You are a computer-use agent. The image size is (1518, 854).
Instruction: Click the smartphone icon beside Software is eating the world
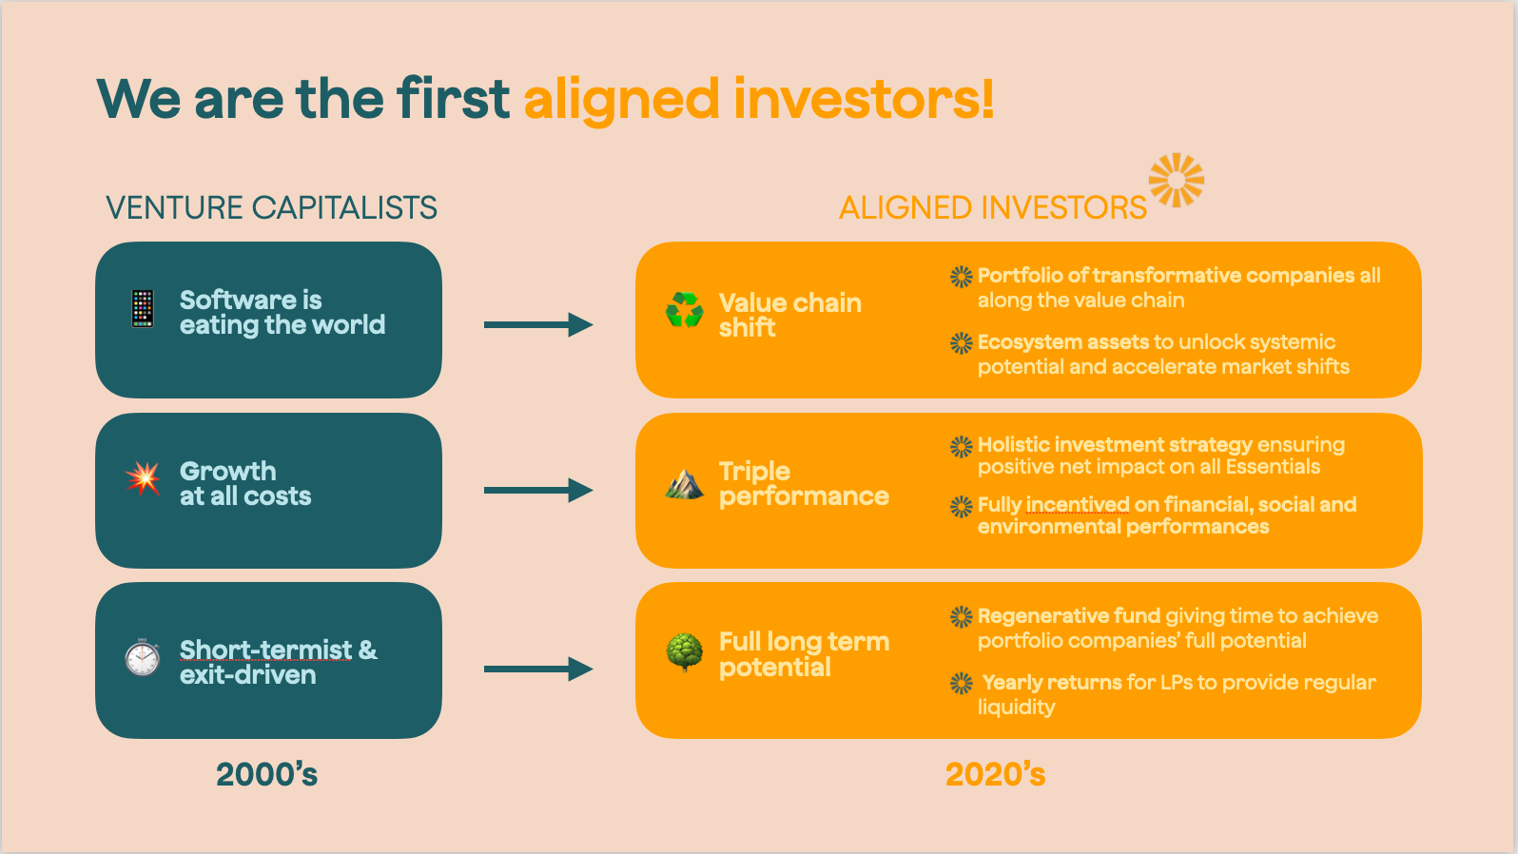[143, 309]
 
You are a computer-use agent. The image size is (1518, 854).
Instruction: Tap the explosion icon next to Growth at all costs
[143, 478]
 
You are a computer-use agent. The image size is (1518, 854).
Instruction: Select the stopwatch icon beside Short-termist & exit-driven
[143, 657]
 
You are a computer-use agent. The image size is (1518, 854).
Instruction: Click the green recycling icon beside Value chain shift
[684, 310]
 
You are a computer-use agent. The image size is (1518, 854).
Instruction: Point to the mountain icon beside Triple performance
[684, 484]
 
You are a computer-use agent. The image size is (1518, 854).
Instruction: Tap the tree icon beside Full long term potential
[684, 652]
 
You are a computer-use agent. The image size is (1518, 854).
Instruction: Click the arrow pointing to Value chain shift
[538, 325]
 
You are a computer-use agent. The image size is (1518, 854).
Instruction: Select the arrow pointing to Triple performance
[538, 491]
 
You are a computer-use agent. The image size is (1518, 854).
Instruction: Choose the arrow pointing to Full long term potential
[538, 670]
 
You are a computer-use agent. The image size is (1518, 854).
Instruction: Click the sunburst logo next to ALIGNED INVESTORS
[1177, 180]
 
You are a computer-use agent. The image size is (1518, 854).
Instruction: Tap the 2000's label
[266, 775]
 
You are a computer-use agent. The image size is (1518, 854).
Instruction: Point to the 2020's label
[995, 775]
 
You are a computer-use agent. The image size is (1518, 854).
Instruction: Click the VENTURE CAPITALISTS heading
[271, 207]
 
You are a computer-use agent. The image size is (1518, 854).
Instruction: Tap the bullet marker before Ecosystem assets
[962, 343]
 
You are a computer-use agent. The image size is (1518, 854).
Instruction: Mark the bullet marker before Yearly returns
[962, 683]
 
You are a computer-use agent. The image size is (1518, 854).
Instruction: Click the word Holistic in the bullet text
[1013, 444]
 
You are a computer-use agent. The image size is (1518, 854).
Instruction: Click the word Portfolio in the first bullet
[1020, 276]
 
